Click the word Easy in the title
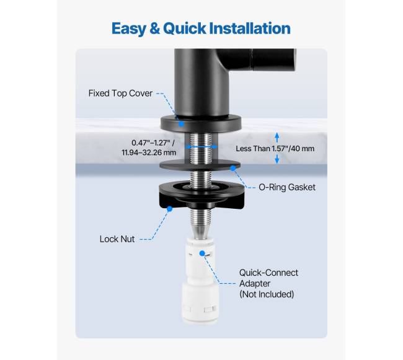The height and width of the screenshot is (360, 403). pyautogui.click(x=128, y=29)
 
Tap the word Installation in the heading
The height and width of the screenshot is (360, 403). pyautogui.click(x=250, y=28)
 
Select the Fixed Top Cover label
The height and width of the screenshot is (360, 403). pyautogui.click(x=120, y=93)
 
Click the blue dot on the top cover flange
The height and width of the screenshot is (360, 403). pyautogui.click(x=181, y=124)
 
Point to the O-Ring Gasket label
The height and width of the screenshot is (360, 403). pyautogui.click(x=287, y=187)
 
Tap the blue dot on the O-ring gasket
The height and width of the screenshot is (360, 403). pyautogui.click(x=233, y=168)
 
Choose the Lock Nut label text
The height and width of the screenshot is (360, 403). pyautogui.click(x=117, y=239)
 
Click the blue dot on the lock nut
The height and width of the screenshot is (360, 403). pyautogui.click(x=169, y=209)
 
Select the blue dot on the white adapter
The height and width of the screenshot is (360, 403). pyautogui.click(x=202, y=253)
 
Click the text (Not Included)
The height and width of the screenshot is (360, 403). pyautogui.click(x=267, y=294)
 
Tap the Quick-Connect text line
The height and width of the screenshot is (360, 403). pyautogui.click(x=268, y=273)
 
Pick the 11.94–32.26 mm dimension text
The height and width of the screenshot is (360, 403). pyautogui.click(x=149, y=152)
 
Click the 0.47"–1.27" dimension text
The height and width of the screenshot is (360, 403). pyautogui.click(x=153, y=143)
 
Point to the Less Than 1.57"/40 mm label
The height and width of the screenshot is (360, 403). pyautogui.click(x=275, y=149)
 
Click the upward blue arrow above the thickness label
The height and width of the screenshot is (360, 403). pyautogui.click(x=277, y=138)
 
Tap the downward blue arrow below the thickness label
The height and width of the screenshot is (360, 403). pyautogui.click(x=277, y=159)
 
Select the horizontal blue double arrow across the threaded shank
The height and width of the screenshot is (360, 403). pyautogui.click(x=201, y=147)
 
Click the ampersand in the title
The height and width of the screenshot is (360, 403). pyautogui.click(x=154, y=29)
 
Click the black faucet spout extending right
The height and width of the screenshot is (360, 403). pyautogui.click(x=257, y=59)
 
